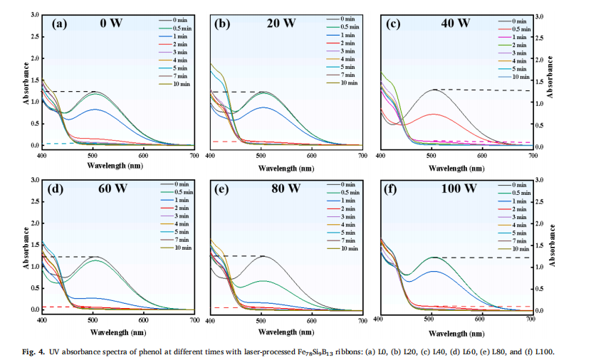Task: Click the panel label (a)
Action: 59,23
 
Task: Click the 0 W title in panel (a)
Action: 110,23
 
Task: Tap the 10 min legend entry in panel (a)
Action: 179,83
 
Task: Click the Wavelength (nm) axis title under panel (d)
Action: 118,331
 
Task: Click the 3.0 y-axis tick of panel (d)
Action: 35,179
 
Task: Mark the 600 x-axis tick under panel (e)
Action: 312,321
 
